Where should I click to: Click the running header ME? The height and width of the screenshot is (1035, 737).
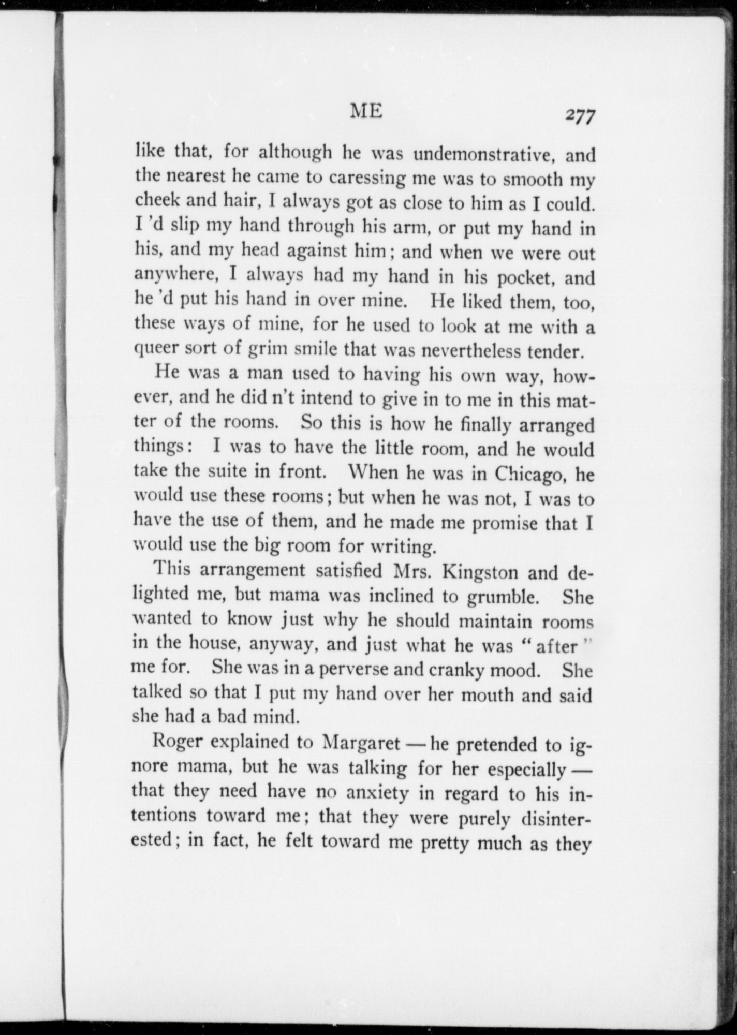click(366, 111)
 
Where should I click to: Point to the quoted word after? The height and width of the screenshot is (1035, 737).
click(556, 646)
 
